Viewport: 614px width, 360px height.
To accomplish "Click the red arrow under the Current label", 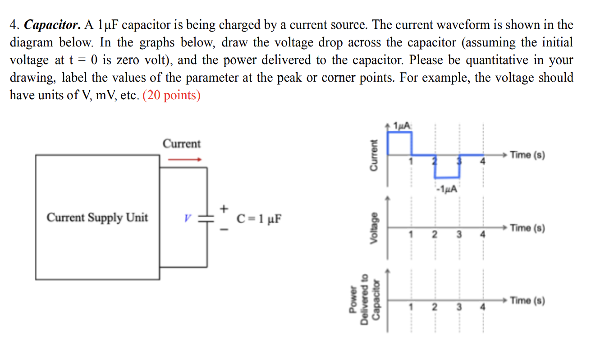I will pos(184,159).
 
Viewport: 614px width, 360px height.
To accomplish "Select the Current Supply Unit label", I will pos(97,218).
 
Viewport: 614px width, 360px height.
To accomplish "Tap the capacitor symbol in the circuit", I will pos(207,218).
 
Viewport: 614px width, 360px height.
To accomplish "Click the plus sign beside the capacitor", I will pos(225,208).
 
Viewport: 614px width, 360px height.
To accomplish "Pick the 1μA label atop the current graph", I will pos(402,125).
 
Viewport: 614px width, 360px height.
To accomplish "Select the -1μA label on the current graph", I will pos(447,189).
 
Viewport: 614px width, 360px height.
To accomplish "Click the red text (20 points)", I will pos(171,95).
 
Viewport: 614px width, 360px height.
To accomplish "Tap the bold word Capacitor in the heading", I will pos(52,25).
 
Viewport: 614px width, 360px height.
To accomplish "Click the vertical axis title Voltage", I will pos(373,228).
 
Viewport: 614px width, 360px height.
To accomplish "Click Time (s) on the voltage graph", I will pos(527,228).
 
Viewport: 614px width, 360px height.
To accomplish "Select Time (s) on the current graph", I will pos(527,155).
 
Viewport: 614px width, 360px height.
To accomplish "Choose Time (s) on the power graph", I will pos(527,300).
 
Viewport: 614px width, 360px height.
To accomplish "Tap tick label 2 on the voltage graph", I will pos(435,235).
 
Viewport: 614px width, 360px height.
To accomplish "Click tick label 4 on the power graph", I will pos(482,308).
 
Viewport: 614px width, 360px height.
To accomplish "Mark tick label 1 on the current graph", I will pos(411,162).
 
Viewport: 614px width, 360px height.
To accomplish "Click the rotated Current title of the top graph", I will pos(373,155).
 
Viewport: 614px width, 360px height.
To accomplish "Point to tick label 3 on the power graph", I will pos(459,308).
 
